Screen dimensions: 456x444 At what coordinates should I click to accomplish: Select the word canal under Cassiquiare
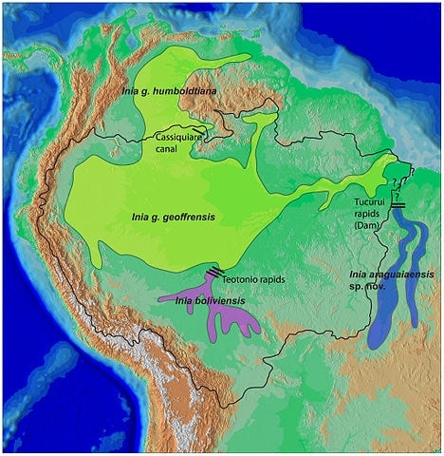168,148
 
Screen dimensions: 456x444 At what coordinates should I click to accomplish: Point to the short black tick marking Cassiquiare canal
197,129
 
